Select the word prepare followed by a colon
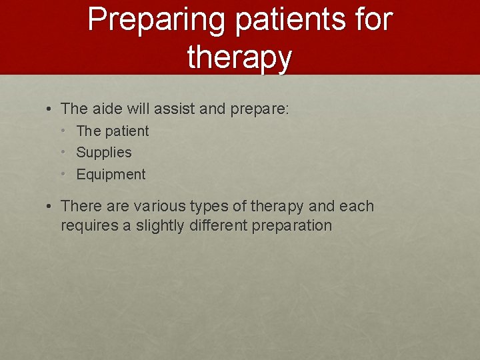(x=261, y=109)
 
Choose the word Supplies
(x=104, y=153)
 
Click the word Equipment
(x=111, y=175)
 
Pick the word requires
(x=89, y=226)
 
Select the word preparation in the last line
(x=291, y=226)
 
